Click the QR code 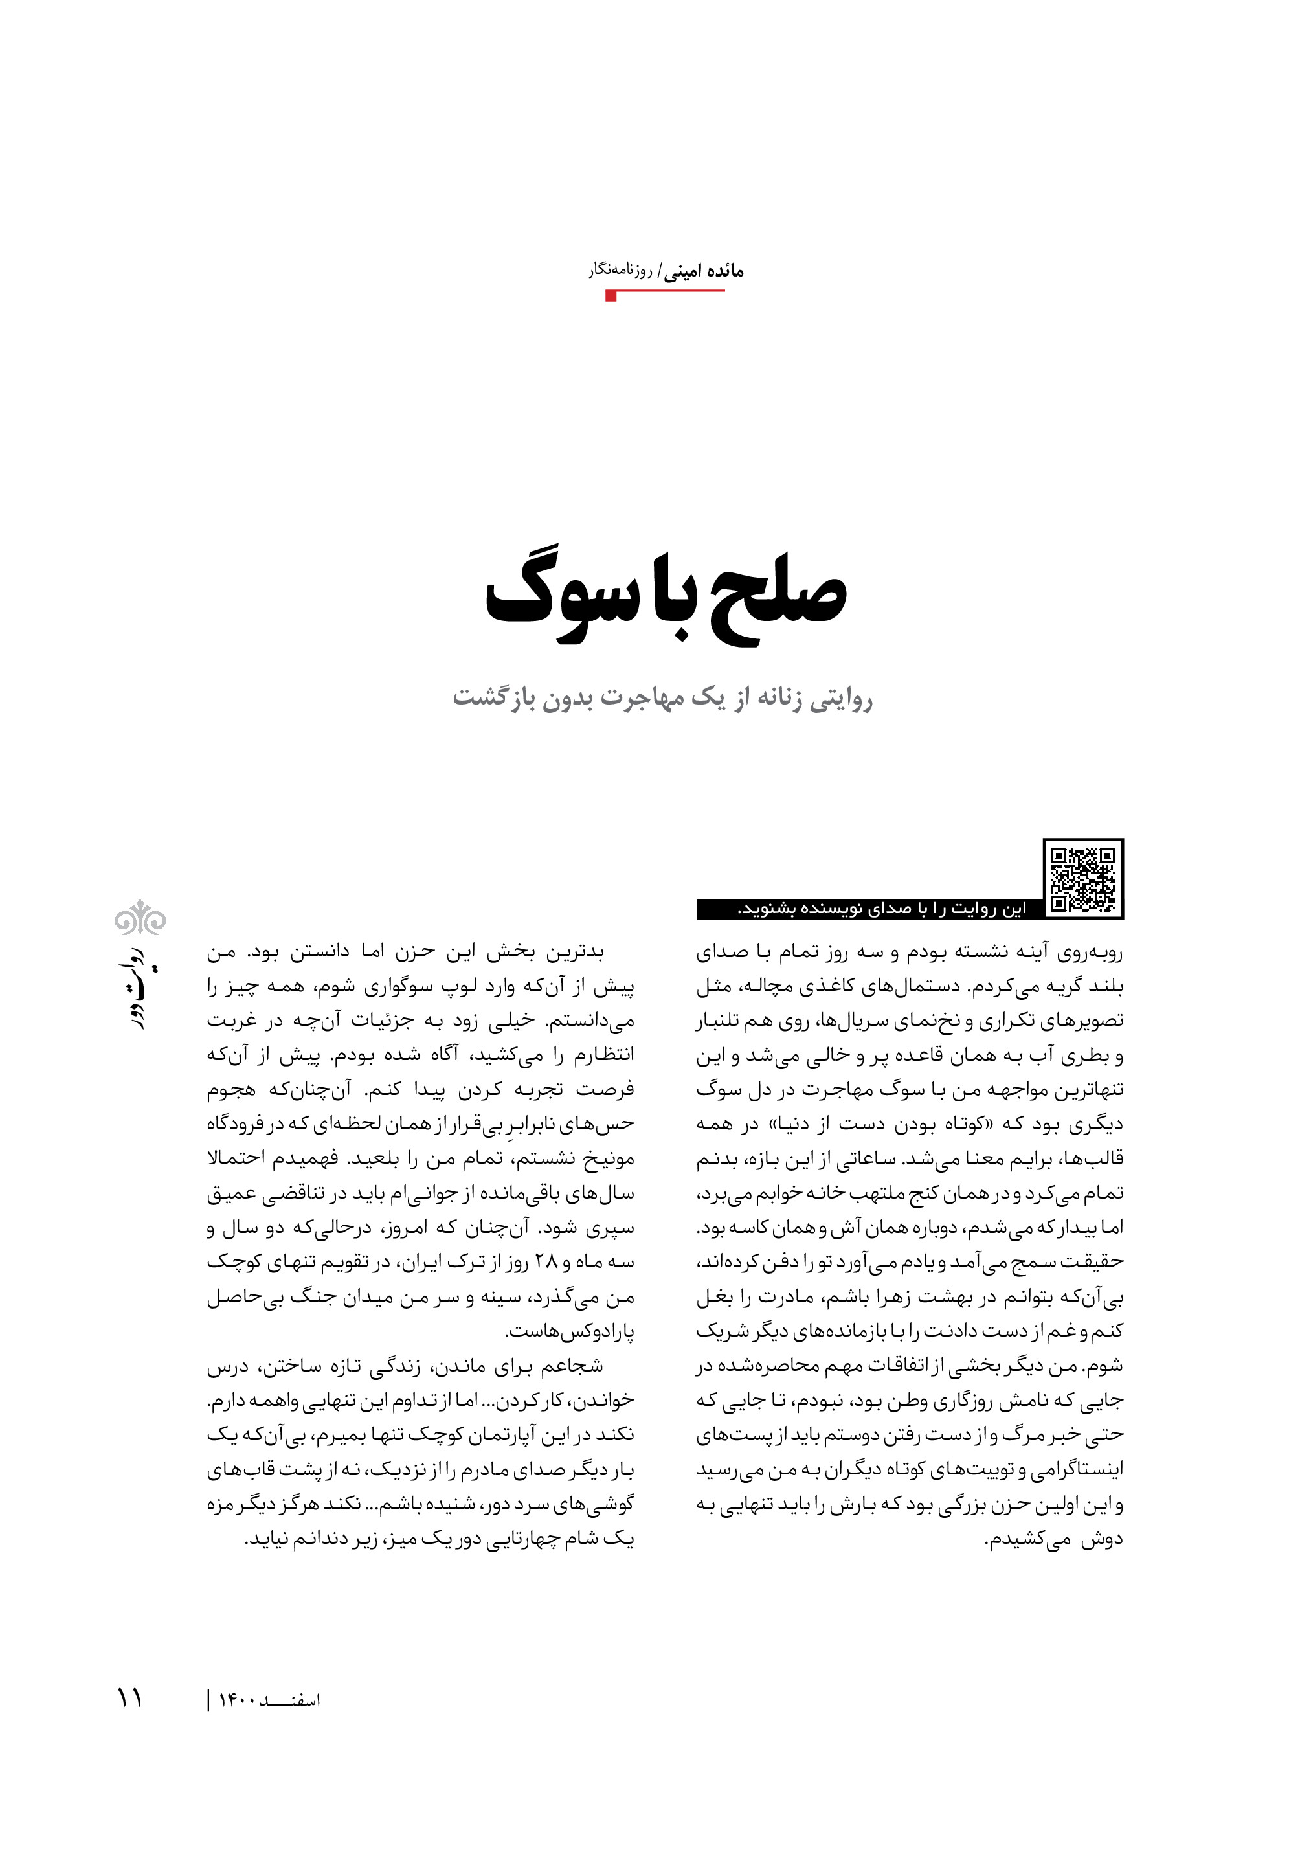pos(1082,878)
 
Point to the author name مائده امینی pos(704,272)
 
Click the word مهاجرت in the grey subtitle pos(642,700)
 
